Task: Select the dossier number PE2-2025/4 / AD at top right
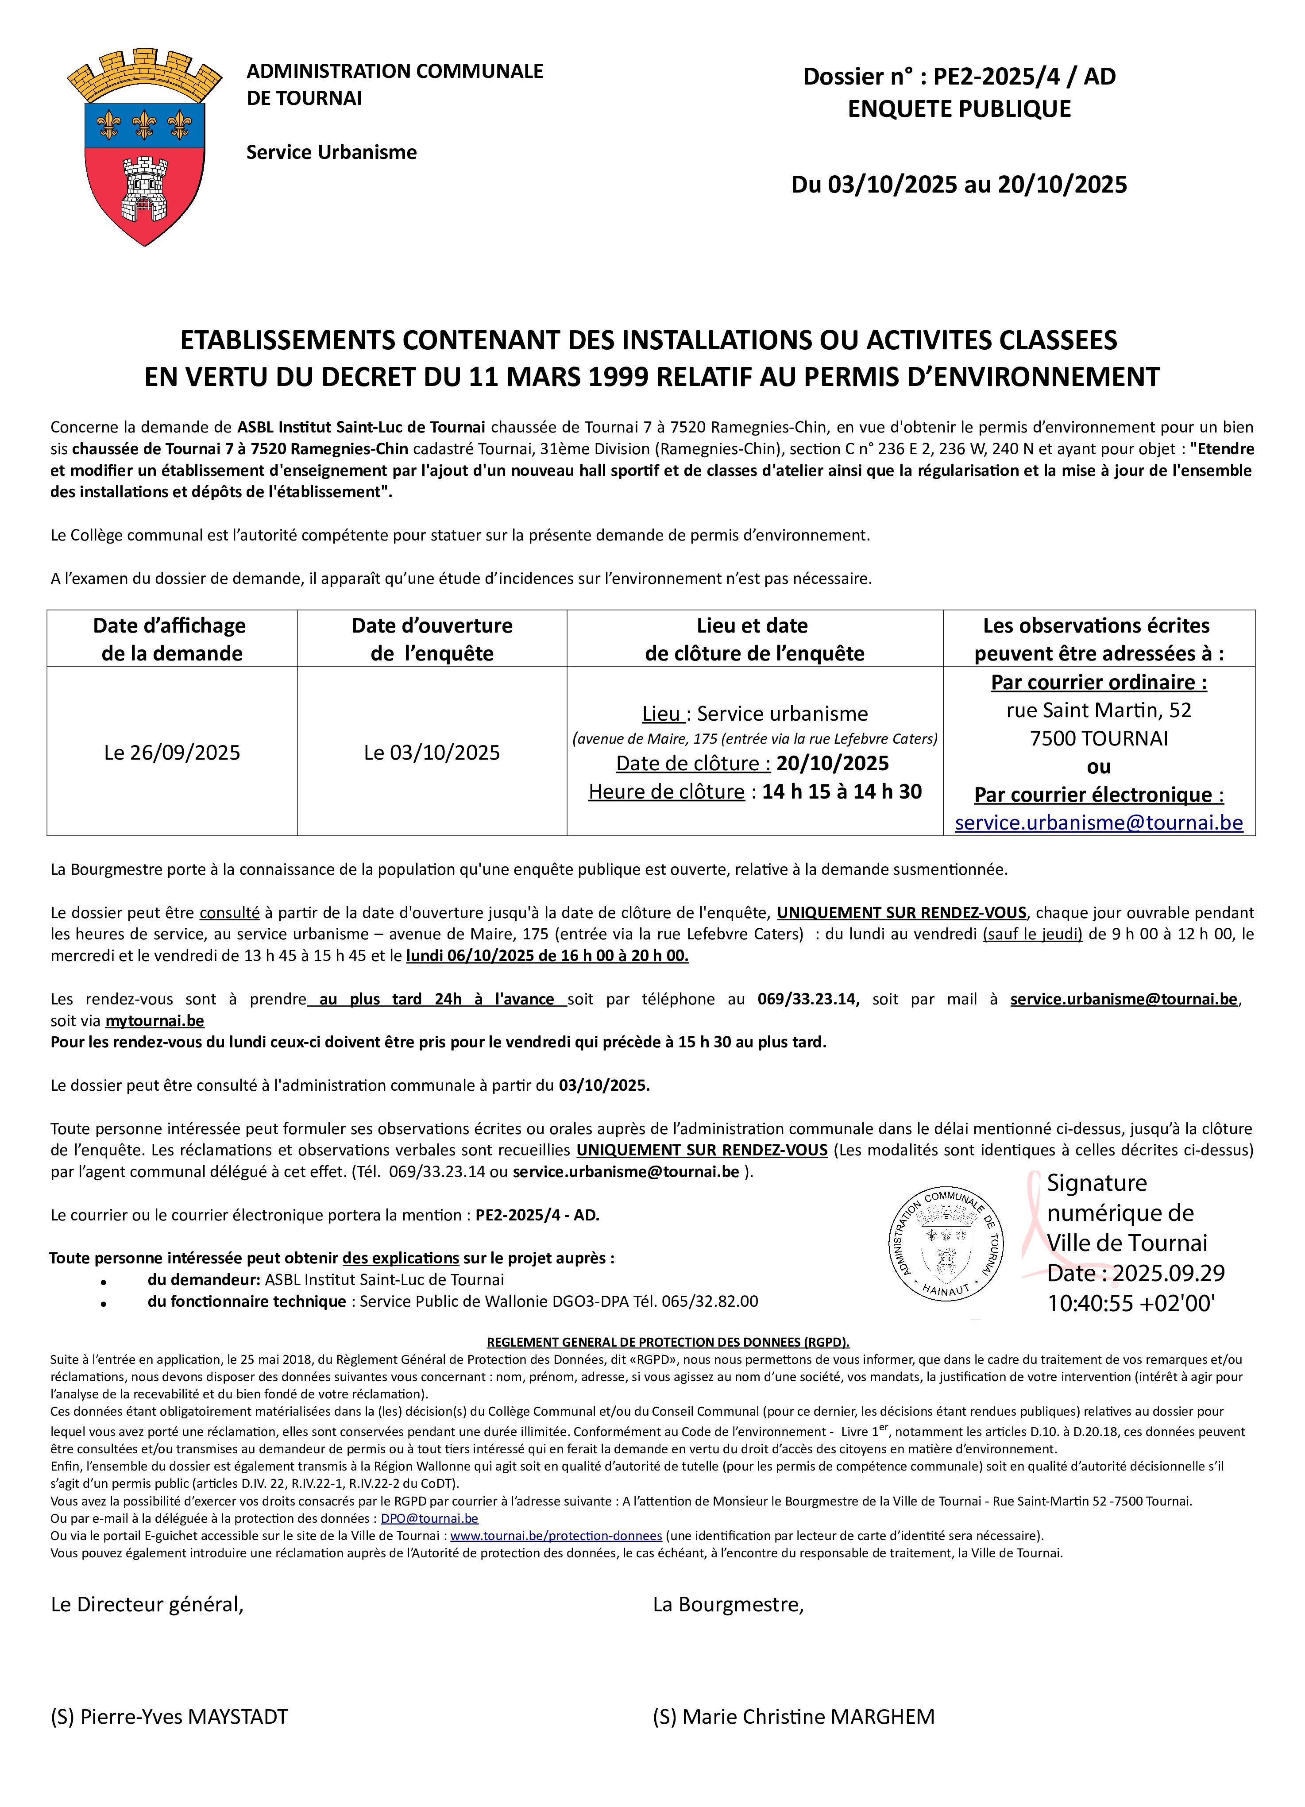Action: point(1024,77)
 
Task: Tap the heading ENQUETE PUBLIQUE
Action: point(959,108)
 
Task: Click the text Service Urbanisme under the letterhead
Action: point(332,152)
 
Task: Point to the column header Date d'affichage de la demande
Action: point(171,639)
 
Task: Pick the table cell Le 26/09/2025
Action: point(172,752)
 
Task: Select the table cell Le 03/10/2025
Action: point(432,752)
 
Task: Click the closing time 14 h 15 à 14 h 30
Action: point(842,791)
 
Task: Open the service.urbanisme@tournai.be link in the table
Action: point(1099,822)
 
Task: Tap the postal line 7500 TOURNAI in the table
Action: point(1099,738)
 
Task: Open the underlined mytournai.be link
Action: point(154,1021)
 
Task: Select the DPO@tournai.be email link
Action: point(429,1518)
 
